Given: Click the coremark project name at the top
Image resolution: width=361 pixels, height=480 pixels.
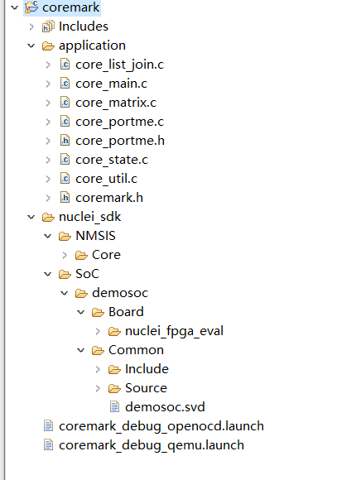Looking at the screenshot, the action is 70,7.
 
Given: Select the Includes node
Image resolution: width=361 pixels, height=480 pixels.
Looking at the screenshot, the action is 84,26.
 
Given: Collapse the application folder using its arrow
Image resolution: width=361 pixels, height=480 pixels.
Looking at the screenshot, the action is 31,46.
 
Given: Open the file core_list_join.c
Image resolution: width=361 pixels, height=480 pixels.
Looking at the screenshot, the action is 119,65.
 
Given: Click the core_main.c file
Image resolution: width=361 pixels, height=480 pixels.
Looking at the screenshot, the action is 112,84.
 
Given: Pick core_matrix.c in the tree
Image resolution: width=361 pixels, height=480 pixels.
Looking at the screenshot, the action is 116,103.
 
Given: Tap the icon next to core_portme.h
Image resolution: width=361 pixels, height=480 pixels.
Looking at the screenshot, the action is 65,140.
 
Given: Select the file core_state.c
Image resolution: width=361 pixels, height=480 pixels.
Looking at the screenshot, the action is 112,160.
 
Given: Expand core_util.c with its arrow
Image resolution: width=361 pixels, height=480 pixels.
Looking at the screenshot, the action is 48,179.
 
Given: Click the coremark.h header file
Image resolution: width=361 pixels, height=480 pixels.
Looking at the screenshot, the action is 109,198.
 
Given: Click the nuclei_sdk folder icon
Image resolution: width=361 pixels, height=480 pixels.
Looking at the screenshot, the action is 48,217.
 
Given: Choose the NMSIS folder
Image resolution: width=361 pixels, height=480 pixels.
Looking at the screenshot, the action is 95,236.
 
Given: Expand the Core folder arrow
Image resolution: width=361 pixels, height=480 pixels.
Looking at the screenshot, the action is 65,255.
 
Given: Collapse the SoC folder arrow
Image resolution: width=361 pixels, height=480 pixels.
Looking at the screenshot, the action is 48,274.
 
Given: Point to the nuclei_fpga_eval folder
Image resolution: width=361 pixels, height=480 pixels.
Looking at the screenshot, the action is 174,331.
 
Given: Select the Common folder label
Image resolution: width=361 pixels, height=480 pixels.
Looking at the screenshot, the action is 136,350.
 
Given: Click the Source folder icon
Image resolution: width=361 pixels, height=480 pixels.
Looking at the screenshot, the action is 114,388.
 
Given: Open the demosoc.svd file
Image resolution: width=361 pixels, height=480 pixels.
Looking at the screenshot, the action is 165,407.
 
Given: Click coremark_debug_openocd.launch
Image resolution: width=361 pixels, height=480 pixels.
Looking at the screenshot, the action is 161,426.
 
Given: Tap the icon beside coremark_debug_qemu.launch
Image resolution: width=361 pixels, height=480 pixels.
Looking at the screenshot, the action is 48,444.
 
